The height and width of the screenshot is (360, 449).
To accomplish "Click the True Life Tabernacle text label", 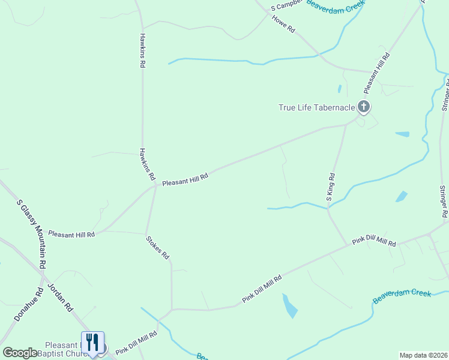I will click(x=316, y=108).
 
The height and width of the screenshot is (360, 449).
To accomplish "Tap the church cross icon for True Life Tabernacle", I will click(x=364, y=107).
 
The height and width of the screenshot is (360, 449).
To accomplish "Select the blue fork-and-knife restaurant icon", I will click(x=92, y=343).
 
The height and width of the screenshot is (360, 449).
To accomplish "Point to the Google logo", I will click(x=20, y=353).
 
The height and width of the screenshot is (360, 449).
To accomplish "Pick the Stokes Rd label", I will click(x=158, y=247).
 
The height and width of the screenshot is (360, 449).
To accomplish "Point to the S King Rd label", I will click(x=331, y=187).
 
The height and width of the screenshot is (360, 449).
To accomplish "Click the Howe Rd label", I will click(x=284, y=24).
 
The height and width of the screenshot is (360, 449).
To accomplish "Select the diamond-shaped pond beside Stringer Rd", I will click(x=401, y=196).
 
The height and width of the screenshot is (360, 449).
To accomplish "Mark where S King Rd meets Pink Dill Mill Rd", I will click(x=348, y=245).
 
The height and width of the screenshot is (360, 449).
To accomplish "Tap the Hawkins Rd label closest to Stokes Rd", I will click(x=147, y=165).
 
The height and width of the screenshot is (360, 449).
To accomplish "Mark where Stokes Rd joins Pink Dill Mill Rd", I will click(x=172, y=310).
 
